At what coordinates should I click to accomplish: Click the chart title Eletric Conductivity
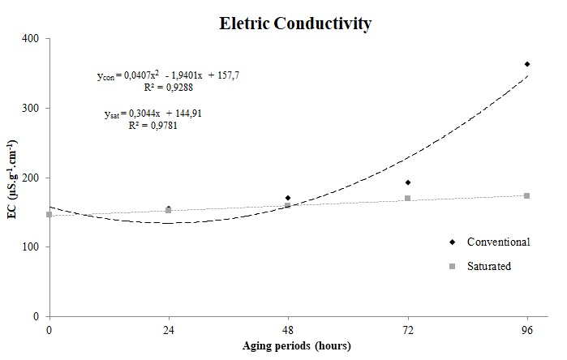point(295,24)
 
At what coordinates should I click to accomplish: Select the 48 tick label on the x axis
point(288,330)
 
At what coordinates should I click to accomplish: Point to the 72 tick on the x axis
point(408,330)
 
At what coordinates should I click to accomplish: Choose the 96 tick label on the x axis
point(527,330)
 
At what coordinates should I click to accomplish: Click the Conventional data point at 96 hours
point(527,64)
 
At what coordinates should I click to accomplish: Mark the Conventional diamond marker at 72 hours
point(408,182)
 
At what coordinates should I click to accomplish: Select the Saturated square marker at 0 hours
point(49,215)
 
